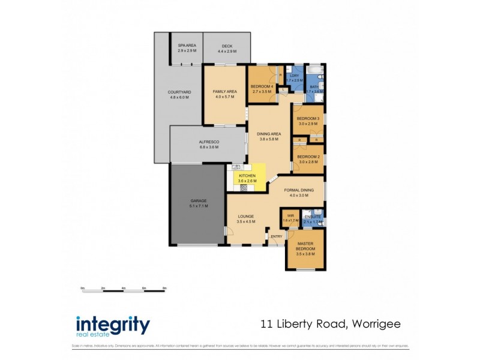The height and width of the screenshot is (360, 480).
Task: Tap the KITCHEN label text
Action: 247,175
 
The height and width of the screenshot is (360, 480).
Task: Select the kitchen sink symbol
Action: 236,167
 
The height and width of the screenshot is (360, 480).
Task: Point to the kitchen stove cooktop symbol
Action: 244,187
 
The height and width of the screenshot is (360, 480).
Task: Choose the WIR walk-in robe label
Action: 290,215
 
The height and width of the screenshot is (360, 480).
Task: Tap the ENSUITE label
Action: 312,217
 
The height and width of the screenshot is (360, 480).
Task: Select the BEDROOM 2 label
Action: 308,157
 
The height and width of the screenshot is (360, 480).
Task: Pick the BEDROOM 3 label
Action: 308,118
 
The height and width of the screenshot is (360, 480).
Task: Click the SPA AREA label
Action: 187,46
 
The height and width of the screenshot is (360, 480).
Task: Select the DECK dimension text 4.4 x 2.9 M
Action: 227,51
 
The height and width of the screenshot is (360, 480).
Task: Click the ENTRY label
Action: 276,236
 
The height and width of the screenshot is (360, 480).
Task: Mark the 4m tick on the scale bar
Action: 123,289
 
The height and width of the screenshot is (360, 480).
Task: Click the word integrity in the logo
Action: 113,325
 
